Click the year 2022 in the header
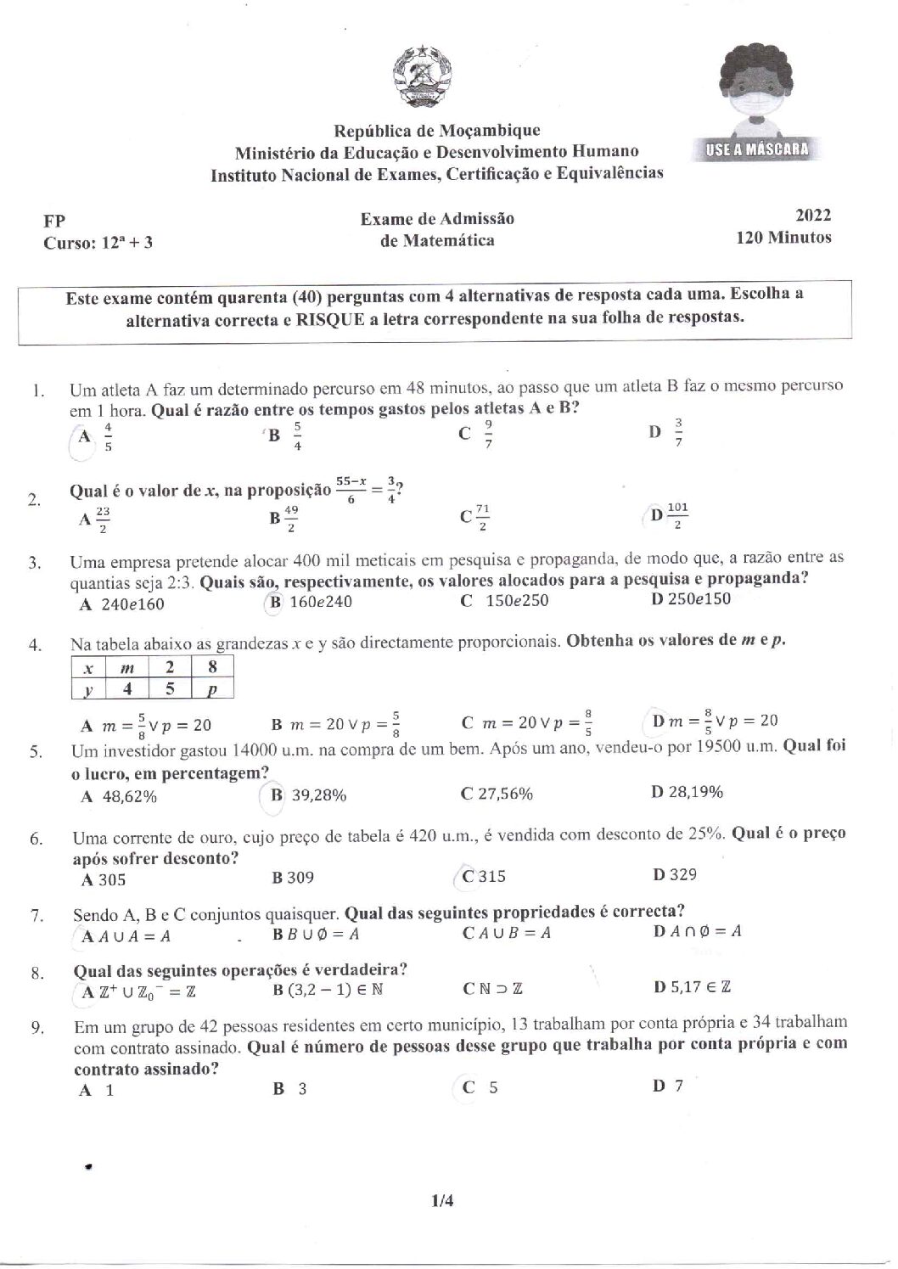pos(813,216)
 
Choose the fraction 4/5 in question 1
pos(108,437)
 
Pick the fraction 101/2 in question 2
pos(678,515)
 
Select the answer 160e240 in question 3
pos(321,602)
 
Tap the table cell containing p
pos(212,689)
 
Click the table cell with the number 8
pos(212,669)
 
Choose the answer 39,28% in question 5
pos(319,795)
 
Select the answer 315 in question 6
pos(491,877)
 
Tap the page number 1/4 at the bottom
pos(442,1200)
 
